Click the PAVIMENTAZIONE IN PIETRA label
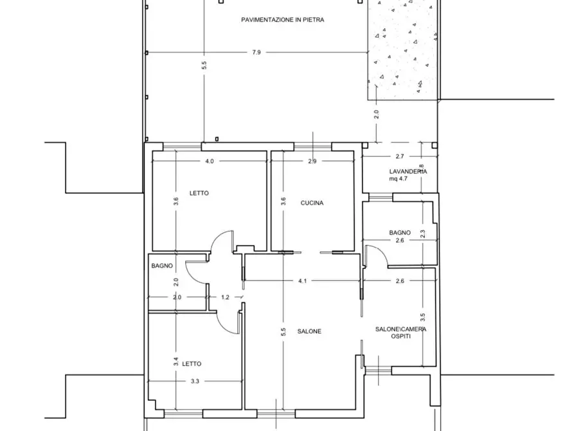tap(282, 20)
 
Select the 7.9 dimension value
tap(256, 52)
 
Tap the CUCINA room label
tap(312, 203)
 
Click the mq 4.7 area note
tap(399, 179)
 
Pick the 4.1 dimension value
tap(302, 281)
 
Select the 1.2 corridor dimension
tap(225, 297)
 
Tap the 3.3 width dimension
tap(195, 381)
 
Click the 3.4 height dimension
tap(175, 362)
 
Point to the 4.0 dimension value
tap(210, 161)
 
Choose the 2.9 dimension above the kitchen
tap(312, 161)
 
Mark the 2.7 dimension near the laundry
tap(400, 156)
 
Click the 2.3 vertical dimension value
tap(422, 234)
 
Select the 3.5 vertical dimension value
tap(422, 317)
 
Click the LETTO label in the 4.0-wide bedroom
tap(199, 193)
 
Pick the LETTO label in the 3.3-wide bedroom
tap(192, 364)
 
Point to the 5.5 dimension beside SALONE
tap(283, 332)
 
